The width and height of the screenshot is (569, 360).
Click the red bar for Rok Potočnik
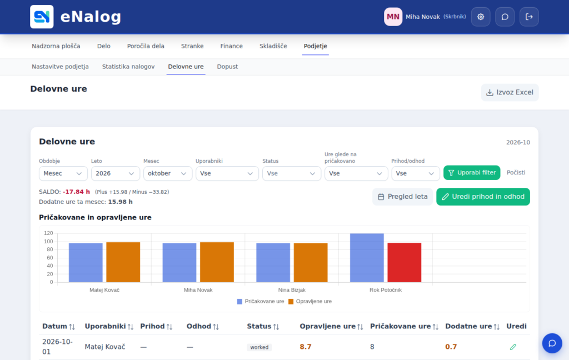tap(405, 262)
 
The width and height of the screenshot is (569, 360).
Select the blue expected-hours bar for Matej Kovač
tap(86, 263)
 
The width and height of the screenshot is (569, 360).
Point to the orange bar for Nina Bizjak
tap(311, 263)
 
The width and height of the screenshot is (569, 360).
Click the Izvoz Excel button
tap(510, 93)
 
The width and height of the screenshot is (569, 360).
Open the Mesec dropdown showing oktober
tap(167, 173)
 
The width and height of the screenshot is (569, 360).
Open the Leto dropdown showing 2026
tap(116, 173)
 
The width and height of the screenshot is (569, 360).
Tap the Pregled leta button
tap(402, 197)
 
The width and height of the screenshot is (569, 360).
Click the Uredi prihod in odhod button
tap(483, 197)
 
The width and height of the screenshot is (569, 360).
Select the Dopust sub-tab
tap(227, 67)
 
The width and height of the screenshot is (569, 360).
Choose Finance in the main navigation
tap(232, 46)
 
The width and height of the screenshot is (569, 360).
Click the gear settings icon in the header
tap(481, 17)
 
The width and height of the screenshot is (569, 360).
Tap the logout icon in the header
tap(529, 17)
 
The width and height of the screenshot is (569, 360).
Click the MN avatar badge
tap(393, 17)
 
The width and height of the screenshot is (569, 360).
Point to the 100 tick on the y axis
tap(48, 241)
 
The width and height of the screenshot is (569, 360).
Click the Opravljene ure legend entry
tap(310, 302)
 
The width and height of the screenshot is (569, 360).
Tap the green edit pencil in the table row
tap(513, 347)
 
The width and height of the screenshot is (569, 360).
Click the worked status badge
tap(259, 347)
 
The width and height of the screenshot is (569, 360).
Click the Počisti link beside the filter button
tap(516, 173)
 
